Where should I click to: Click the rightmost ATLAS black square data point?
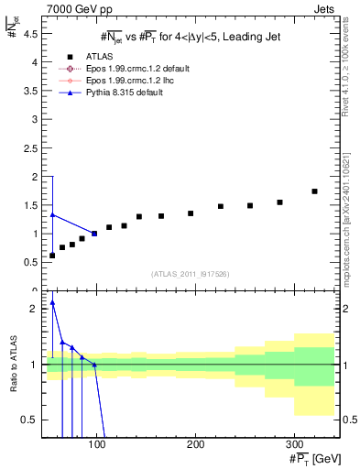pyautogui.click(x=314, y=191)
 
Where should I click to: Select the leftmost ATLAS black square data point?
pyautogui.click(x=52, y=255)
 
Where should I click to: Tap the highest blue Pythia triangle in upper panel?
pyautogui.click(x=52, y=215)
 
